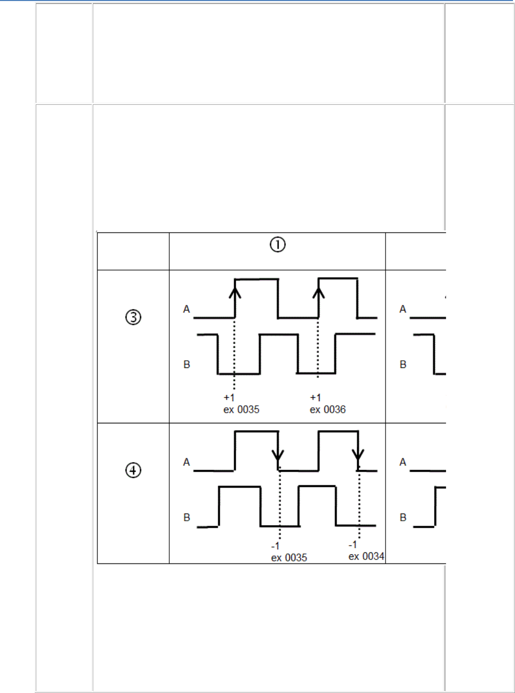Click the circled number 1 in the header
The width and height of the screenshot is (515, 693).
click(x=278, y=245)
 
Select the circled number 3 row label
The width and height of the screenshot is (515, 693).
click(x=133, y=318)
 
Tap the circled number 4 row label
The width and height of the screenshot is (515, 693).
click(x=133, y=470)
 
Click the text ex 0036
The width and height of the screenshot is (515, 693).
click(x=328, y=410)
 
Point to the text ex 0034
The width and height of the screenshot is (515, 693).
click(x=366, y=556)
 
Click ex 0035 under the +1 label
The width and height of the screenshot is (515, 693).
click(x=241, y=410)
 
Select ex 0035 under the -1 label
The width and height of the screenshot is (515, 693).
click(x=289, y=558)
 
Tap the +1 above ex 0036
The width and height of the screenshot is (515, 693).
click(x=315, y=398)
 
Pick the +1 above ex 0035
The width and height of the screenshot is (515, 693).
click(x=229, y=398)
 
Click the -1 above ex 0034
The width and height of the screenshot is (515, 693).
click(x=353, y=545)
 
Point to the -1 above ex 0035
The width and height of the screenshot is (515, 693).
click(x=275, y=546)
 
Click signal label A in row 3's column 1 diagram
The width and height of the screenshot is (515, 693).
click(x=186, y=309)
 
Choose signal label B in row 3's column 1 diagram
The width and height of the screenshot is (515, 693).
click(x=186, y=364)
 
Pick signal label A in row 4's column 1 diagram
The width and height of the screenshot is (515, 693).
click(x=186, y=462)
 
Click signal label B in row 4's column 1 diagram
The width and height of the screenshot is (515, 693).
click(x=186, y=518)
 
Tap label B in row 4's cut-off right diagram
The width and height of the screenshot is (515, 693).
click(x=403, y=518)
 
